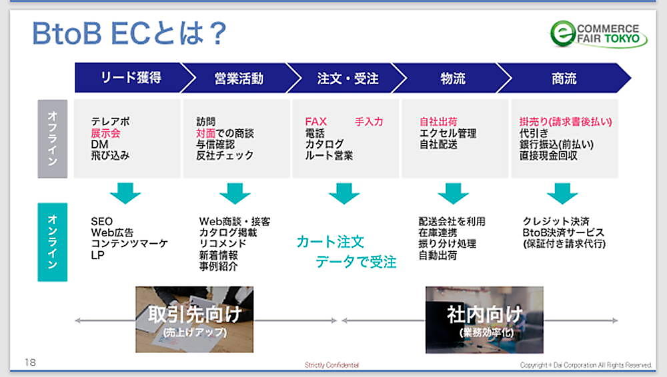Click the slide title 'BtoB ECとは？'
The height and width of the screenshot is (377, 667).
(129, 33)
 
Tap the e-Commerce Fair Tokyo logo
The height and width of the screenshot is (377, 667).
(598, 34)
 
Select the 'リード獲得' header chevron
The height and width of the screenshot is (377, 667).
(132, 78)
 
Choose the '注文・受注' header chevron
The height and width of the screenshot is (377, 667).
(347, 78)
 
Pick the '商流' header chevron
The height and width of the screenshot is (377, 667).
(564, 78)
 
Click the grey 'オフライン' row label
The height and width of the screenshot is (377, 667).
(52, 139)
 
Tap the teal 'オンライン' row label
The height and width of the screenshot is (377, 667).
(52, 242)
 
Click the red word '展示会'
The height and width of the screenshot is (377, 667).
(105, 133)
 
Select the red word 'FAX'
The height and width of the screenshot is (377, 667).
(315, 121)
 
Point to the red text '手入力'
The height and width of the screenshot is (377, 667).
(369, 121)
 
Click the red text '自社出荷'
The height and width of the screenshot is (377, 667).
(438, 121)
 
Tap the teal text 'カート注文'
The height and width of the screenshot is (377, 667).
(330, 242)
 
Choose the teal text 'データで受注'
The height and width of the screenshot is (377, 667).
(356, 262)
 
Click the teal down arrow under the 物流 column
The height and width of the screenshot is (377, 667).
(453, 193)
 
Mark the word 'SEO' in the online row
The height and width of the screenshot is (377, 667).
(101, 221)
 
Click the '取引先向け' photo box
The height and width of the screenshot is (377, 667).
(194, 319)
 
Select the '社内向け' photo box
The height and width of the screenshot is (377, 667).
(484, 320)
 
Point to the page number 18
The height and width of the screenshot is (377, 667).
(30, 362)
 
